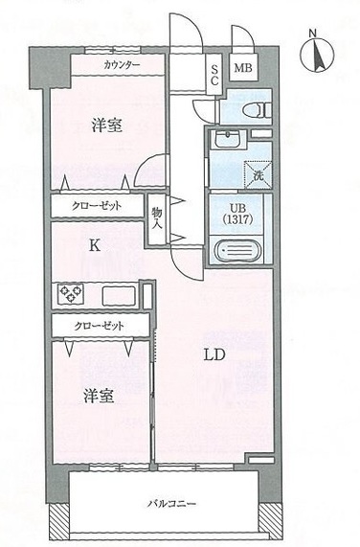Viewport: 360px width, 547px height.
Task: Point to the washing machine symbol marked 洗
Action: coord(258,174)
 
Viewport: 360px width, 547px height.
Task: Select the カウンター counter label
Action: coord(121,65)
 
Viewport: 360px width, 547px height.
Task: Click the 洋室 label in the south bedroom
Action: coord(100,396)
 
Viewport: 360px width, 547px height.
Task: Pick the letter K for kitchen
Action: coord(94,245)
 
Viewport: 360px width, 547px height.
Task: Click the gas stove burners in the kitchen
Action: coord(71,293)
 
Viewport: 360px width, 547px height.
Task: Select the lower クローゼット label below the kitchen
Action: coord(100,326)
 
